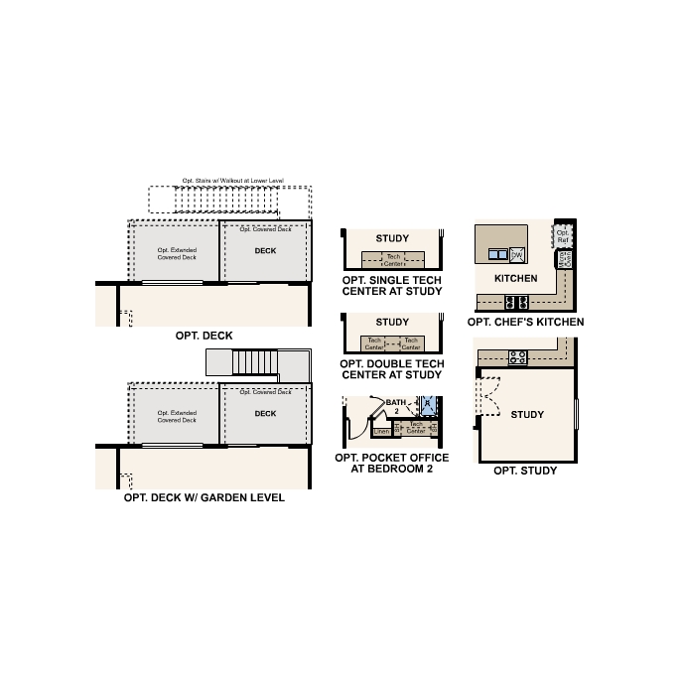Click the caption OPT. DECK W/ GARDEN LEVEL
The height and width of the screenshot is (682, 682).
(204, 497)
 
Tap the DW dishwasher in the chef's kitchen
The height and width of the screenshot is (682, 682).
(517, 254)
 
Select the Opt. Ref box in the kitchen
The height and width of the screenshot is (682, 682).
(562, 237)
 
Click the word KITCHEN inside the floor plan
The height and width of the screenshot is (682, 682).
(515, 278)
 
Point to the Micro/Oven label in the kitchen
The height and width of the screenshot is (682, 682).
(564, 260)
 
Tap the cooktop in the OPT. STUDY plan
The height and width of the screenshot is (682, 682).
(517, 357)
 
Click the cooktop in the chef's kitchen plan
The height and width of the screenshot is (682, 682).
(517, 302)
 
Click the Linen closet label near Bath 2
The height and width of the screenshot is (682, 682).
(381, 432)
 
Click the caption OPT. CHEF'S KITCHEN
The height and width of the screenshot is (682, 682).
(525, 322)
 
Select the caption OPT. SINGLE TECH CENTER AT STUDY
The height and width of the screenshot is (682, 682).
(391, 287)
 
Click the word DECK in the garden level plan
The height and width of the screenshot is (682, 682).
(265, 413)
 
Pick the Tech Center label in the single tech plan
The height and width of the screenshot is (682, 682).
(393, 260)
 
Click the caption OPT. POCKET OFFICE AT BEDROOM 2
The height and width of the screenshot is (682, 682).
(391, 463)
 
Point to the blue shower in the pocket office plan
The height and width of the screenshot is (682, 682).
(428, 406)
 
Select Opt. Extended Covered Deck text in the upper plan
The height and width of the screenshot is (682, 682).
(177, 253)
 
